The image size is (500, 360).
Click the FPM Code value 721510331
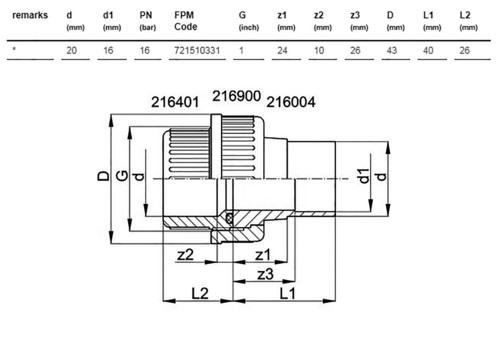197,51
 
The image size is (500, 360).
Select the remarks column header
30,15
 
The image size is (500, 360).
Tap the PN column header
146,15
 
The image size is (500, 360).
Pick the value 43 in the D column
392,51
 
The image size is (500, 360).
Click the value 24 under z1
282,51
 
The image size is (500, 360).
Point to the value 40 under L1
428,51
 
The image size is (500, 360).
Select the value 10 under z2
319,51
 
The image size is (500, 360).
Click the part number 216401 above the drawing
175,102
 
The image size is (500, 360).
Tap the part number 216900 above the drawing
237,96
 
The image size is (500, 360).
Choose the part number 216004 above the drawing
291,102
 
